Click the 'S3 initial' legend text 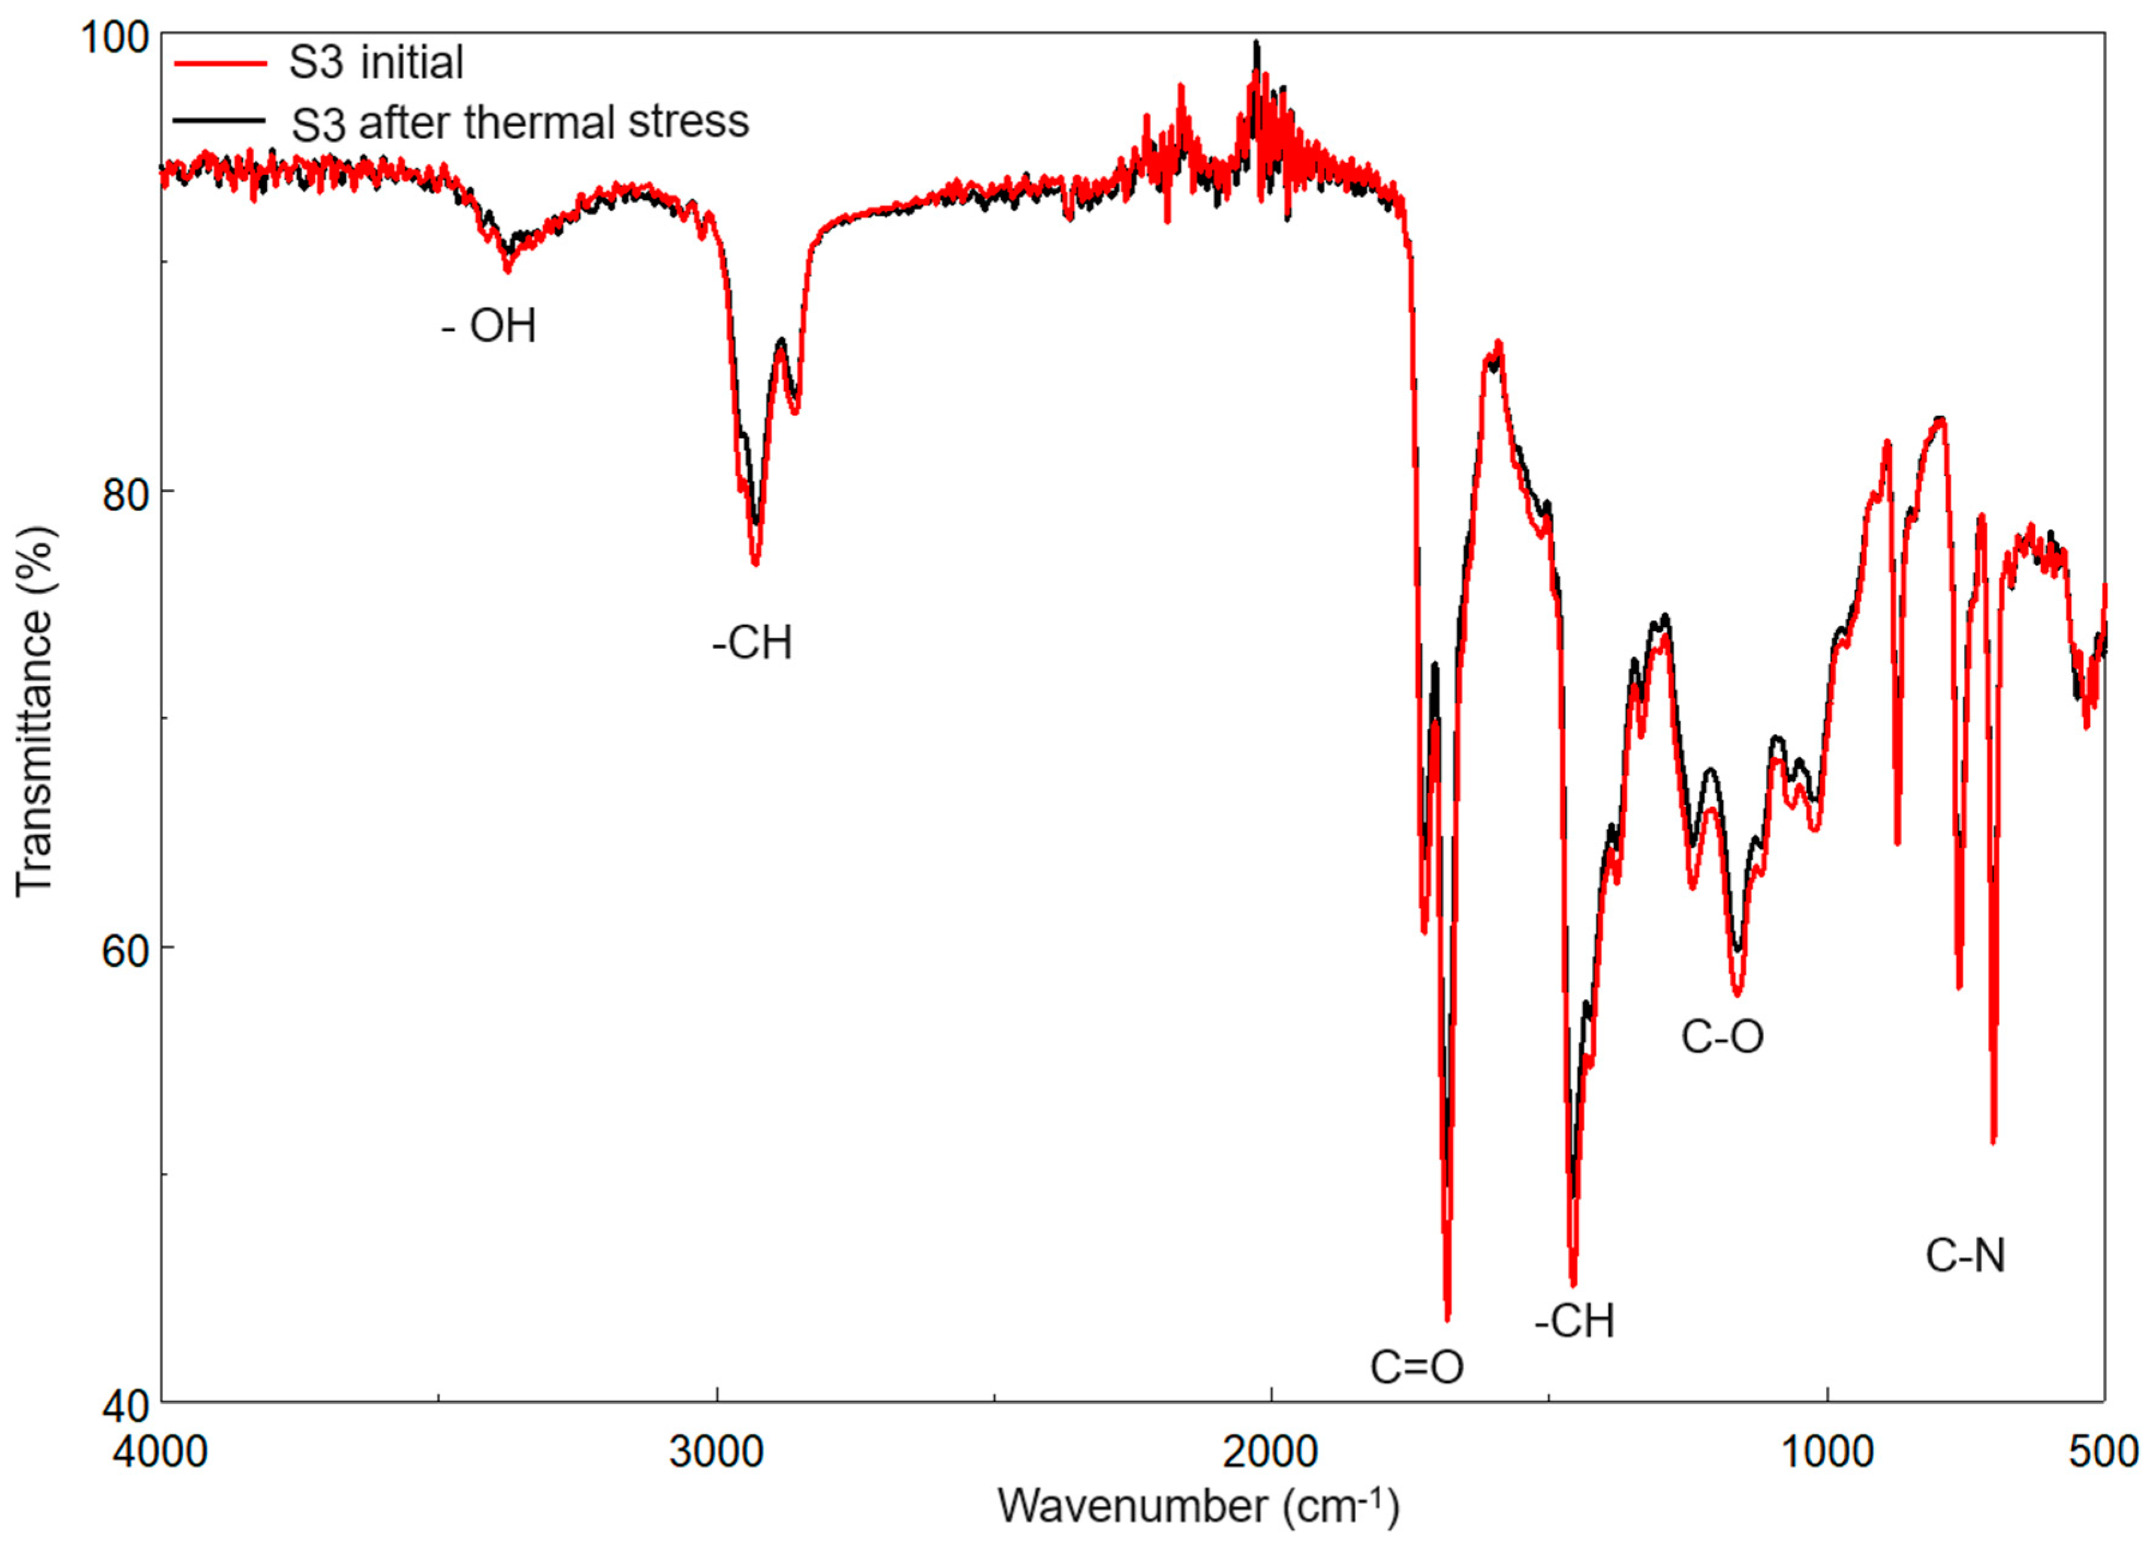click(377, 62)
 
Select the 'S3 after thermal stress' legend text click(519, 122)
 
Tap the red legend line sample click(219, 62)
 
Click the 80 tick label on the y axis click(126, 491)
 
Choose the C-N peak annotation click(1965, 1257)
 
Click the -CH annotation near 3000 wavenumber click(752, 643)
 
